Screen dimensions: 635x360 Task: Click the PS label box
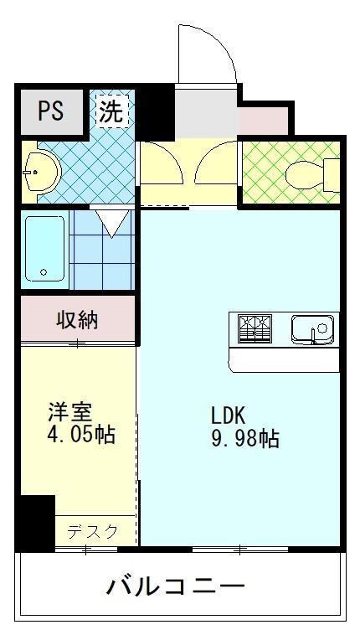(x=50, y=112)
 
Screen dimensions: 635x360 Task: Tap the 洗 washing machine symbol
(x=111, y=111)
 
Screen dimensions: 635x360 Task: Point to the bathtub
(x=45, y=249)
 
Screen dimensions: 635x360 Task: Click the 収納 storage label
(x=77, y=319)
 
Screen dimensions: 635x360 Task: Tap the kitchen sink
(x=312, y=328)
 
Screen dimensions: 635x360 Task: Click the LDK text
(x=227, y=416)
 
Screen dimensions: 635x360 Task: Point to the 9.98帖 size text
(x=244, y=438)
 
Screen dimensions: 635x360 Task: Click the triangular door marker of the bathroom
(x=111, y=221)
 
